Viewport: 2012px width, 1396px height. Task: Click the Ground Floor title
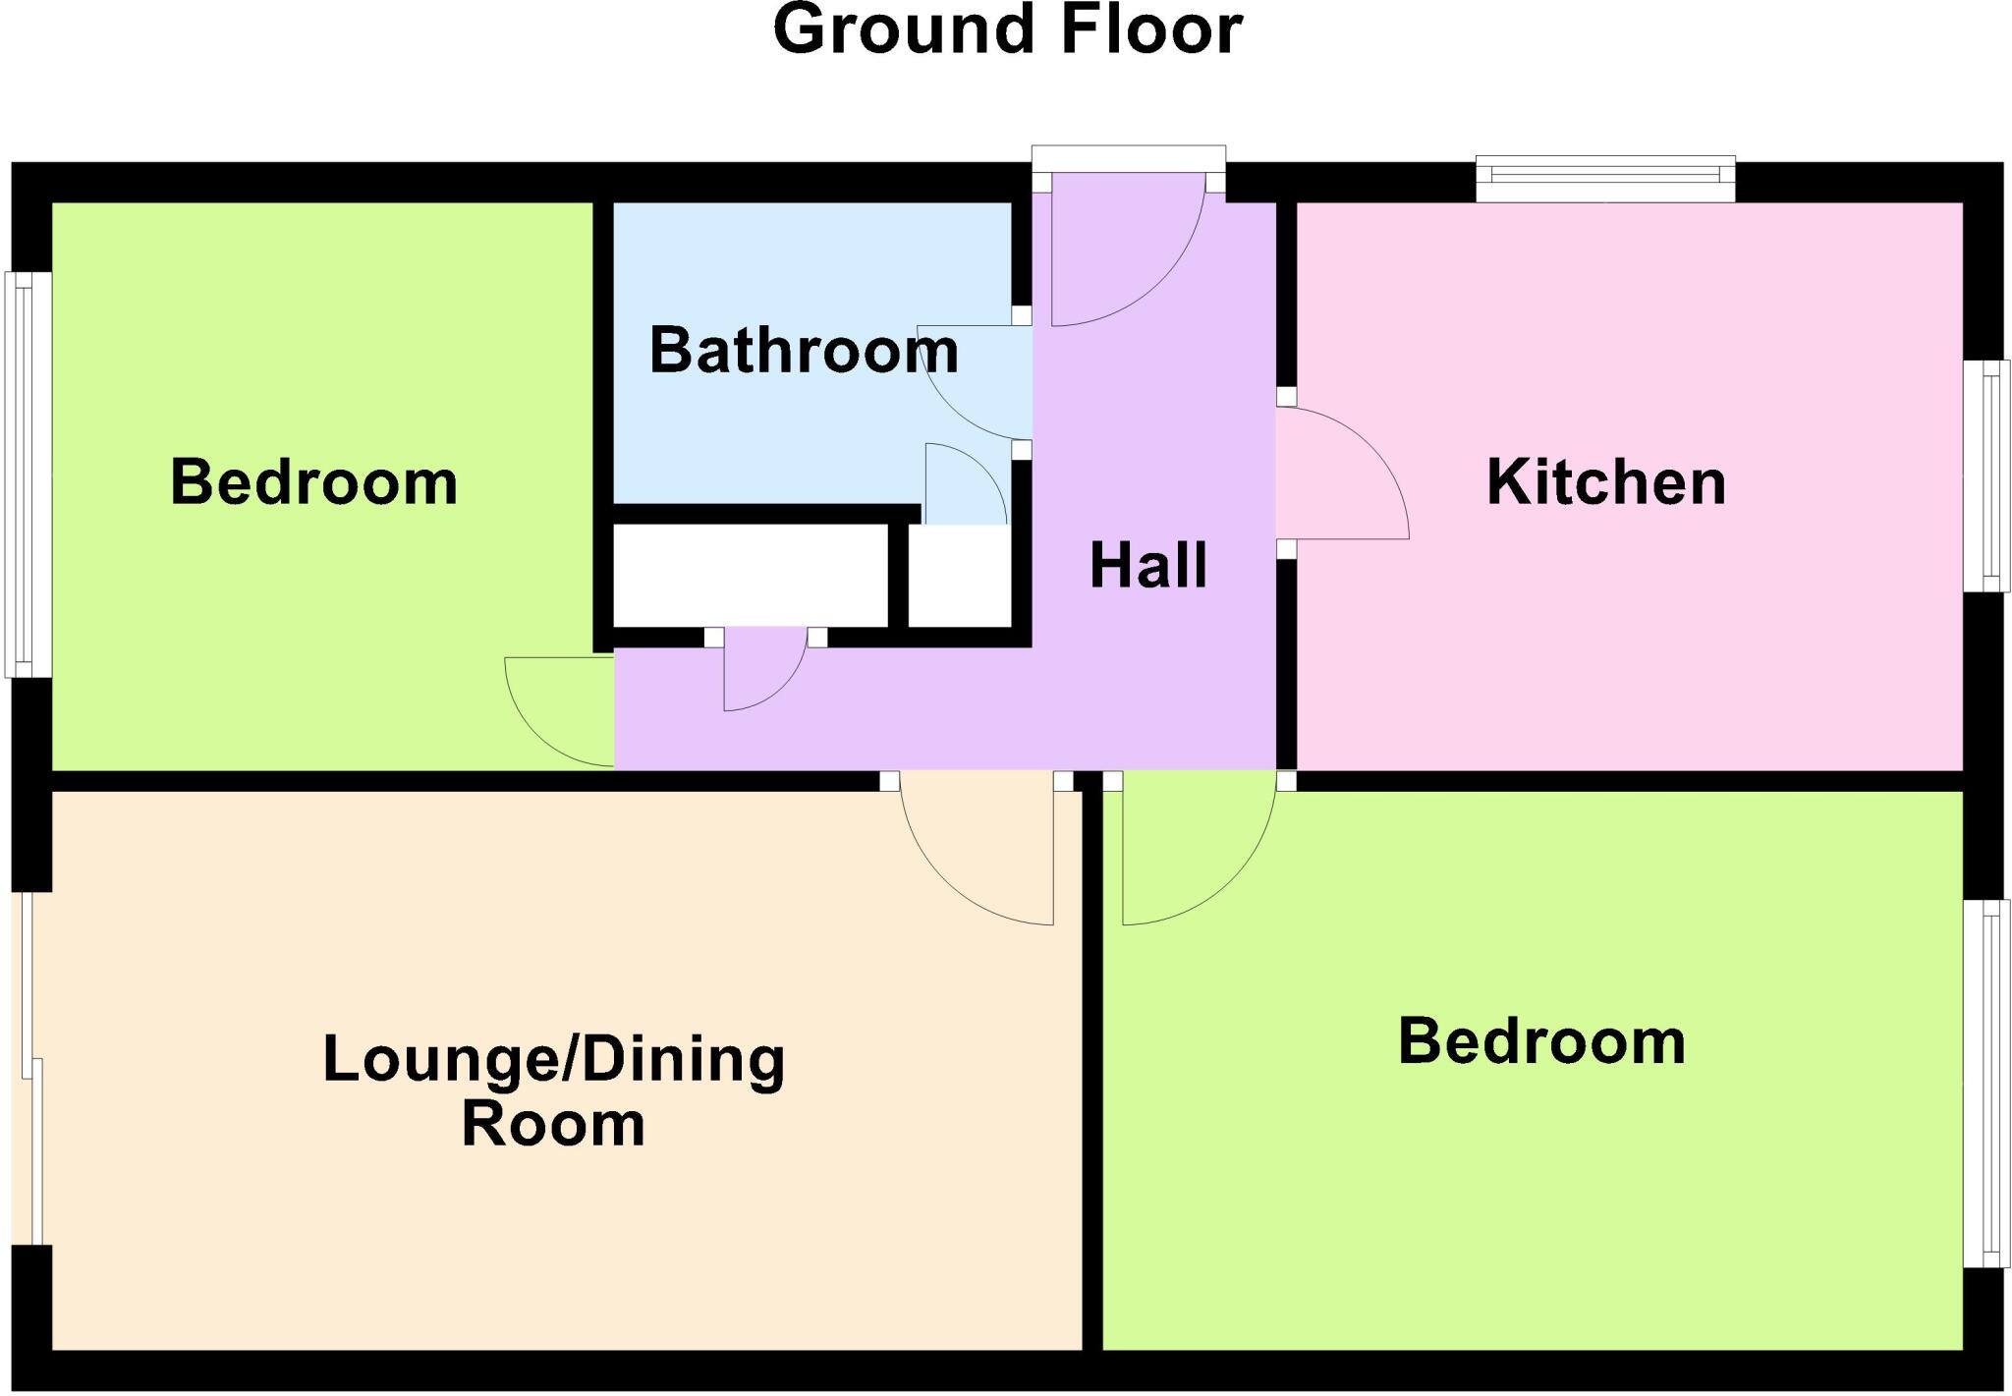tap(1008, 29)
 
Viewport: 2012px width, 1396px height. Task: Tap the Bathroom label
tap(804, 350)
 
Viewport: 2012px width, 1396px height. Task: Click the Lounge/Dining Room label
tap(554, 1090)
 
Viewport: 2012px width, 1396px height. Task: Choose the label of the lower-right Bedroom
tap(1541, 1041)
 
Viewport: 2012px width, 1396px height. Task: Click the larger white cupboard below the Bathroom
tap(750, 576)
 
